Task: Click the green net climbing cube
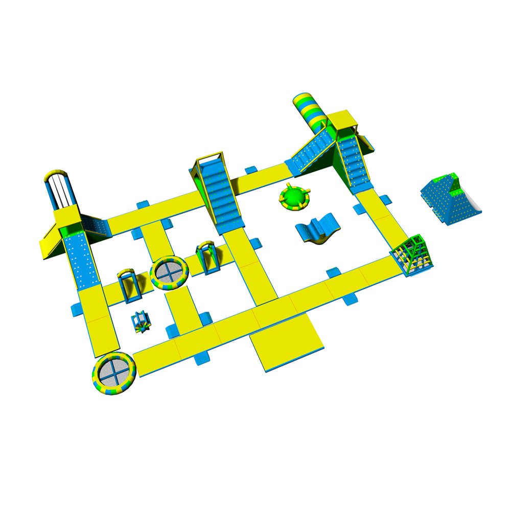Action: (413, 255)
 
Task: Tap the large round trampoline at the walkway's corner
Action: (114, 373)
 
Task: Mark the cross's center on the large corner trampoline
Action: (114, 373)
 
